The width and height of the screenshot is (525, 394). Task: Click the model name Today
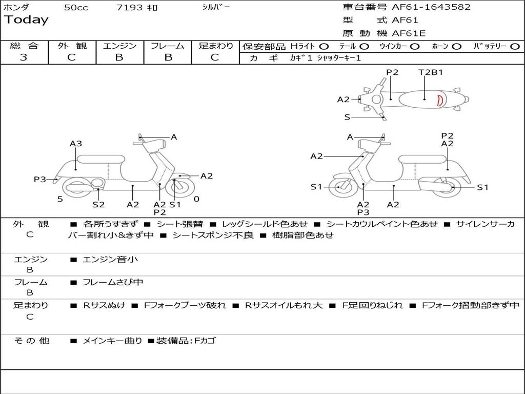click(x=26, y=20)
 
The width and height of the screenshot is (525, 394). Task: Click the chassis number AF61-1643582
click(x=431, y=7)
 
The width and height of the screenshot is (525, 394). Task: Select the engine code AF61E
click(x=409, y=33)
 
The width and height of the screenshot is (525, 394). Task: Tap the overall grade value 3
click(x=24, y=57)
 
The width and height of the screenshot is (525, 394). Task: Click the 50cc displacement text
click(x=76, y=8)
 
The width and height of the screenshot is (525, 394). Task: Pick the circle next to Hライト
click(x=324, y=47)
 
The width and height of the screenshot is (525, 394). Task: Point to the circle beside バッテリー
click(x=515, y=47)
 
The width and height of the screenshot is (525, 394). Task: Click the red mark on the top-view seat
click(x=440, y=100)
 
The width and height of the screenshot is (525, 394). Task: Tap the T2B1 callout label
click(x=431, y=72)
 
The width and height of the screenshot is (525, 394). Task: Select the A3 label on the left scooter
click(x=76, y=144)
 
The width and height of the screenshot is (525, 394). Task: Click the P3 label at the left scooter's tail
click(x=39, y=179)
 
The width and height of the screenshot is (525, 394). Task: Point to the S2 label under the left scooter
click(x=98, y=204)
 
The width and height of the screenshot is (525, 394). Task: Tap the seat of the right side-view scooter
click(x=423, y=159)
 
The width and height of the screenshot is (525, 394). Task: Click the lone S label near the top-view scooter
click(x=347, y=117)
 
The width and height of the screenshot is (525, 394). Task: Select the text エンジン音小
click(x=110, y=259)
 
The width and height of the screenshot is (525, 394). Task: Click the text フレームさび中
click(x=113, y=283)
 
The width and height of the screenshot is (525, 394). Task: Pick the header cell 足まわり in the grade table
click(x=216, y=46)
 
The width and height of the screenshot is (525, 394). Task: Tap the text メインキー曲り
click(x=112, y=341)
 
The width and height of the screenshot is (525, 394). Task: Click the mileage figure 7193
click(x=129, y=7)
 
